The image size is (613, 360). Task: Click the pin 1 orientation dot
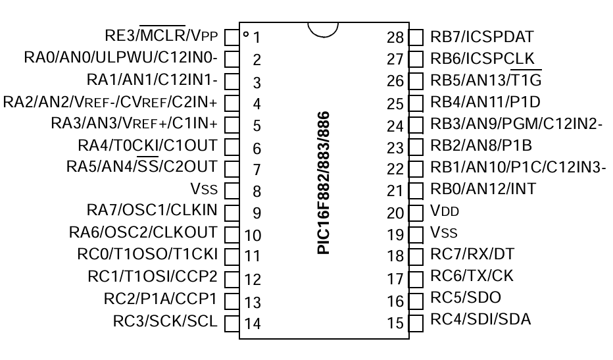tap(245, 34)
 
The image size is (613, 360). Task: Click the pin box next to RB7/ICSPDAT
tap(416, 36)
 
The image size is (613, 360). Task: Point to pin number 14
tap(253, 323)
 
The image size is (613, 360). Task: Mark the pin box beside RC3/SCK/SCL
tap(231, 322)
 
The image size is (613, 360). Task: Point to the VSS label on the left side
tap(207, 190)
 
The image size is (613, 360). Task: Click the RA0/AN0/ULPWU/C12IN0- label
tap(121, 57)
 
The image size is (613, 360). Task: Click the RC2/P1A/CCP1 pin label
tap(160, 299)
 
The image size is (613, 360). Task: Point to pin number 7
tap(257, 170)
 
